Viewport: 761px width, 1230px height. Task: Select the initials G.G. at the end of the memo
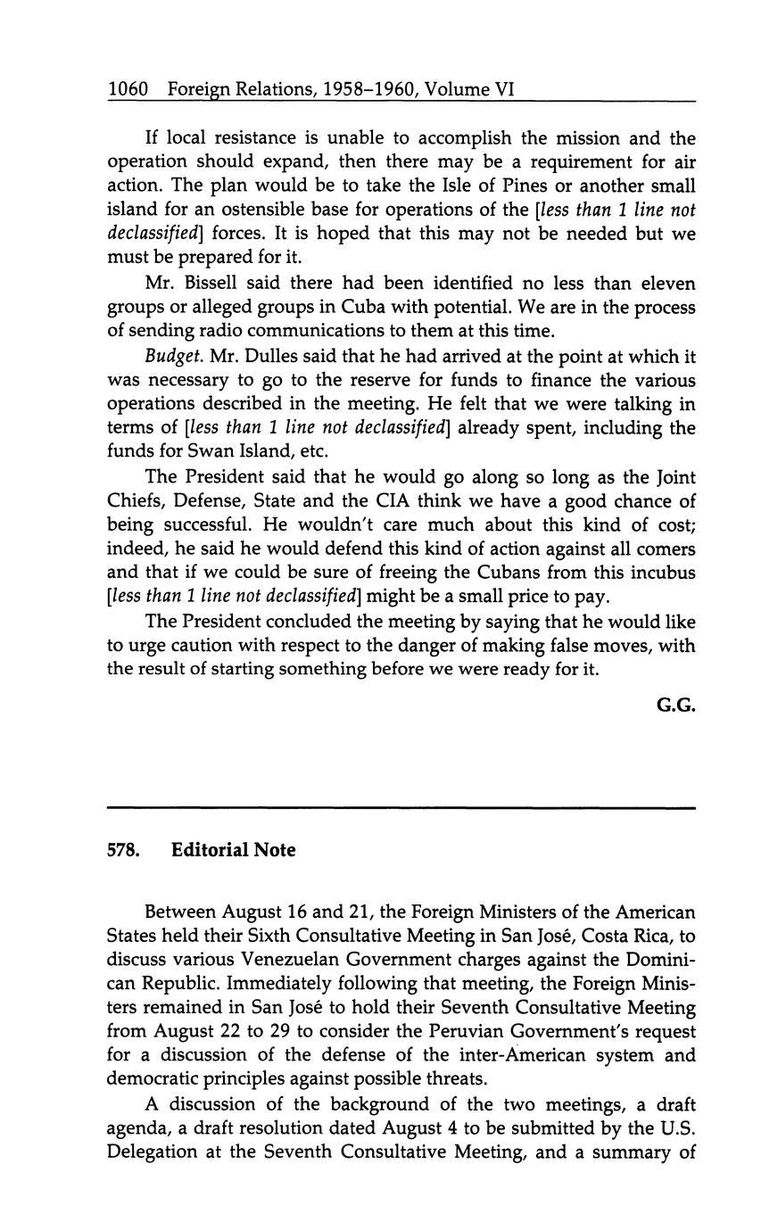point(675,706)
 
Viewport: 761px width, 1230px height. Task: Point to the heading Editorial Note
point(233,850)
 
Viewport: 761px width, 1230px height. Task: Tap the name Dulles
point(244,356)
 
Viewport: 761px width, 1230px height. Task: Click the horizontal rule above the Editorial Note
point(400,808)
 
